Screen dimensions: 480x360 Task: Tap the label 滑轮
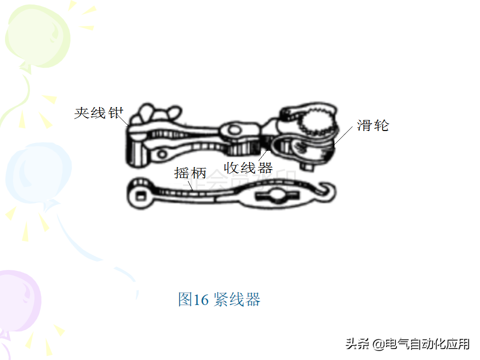[373, 125]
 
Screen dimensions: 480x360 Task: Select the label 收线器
[248, 167]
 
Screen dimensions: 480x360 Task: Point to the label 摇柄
[190, 173]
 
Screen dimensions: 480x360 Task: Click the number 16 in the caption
[200, 299]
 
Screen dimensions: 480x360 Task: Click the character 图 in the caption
[185, 299]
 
